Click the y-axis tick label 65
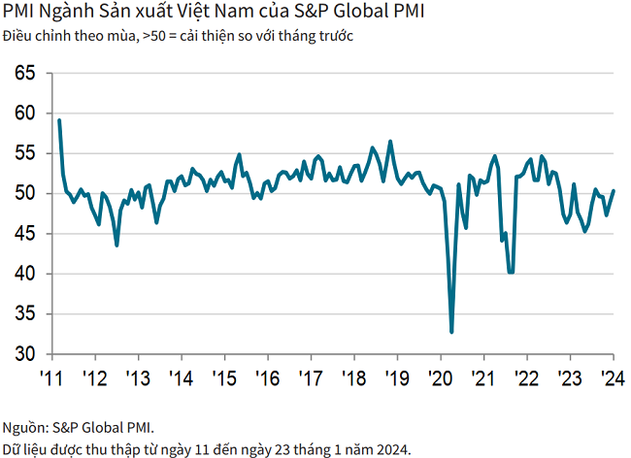(x=26, y=73)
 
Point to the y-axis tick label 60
(x=26, y=114)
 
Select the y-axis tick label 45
(x=26, y=234)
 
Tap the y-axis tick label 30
(x=26, y=354)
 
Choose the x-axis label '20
(x=440, y=377)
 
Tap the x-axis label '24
(x=612, y=377)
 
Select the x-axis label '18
(x=353, y=377)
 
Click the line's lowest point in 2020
(x=451, y=332)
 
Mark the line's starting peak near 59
(x=59, y=120)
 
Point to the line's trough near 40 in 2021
(x=511, y=273)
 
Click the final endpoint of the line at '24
(x=614, y=191)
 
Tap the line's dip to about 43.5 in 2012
(x=117, y=245)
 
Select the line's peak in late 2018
(x=390, y=142)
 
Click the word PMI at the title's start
(x=18, y=15)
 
